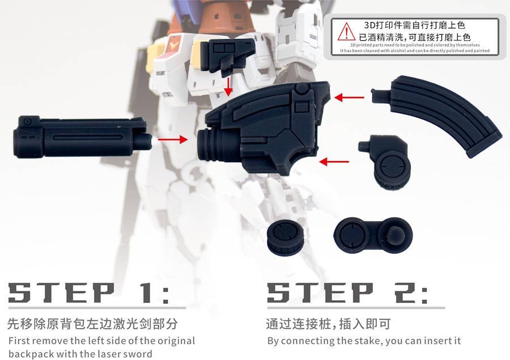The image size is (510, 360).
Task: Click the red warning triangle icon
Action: (x=347, y=32)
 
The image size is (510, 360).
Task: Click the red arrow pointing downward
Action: (x=229, y=87)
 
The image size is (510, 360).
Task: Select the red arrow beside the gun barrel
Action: (x=173, y=139)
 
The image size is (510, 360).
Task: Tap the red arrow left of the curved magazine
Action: (x=349, y=97)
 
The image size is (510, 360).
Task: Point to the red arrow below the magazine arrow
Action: (x=334, y=161)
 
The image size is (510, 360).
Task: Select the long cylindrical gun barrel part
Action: (x=83, y=137)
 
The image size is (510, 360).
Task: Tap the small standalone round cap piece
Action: (x=285, y=236)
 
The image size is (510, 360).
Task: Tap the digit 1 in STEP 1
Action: (x=146, y=293)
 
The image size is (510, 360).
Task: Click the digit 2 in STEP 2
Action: (x=406, y=293)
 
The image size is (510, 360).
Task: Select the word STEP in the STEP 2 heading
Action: (x=320, y=293)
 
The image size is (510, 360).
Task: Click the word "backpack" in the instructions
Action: (x=31, y=354)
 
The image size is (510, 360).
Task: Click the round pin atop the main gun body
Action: (x=301, y=88)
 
